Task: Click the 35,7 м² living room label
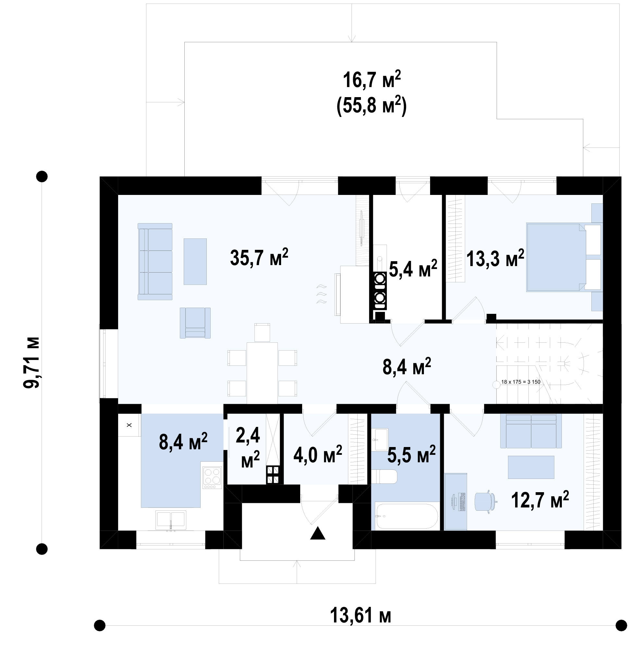click(259, 258)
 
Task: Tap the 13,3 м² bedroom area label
click(495, 259)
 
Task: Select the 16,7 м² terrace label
click(372, 80)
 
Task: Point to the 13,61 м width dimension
click(360, 615)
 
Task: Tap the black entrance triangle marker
click(317, 533)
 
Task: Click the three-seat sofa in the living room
click(155, 262)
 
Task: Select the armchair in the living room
click(195, 323)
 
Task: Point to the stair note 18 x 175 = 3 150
click(521, 382)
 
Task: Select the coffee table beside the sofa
click(195, 262)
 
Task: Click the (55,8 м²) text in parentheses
click(372, 106)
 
